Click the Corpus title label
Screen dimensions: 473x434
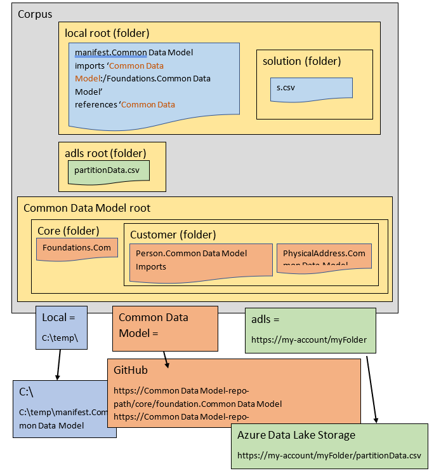(x=35, y=14)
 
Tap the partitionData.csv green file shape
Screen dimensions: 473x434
(x=108, y=170)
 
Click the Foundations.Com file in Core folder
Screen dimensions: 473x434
(x=77, y=247)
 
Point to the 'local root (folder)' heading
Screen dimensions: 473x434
(x=107, y=33)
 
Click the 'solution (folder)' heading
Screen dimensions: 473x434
(x=301, y=61)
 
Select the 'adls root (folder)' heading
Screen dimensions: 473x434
(x=105, y=153)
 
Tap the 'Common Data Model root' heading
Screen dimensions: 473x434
(x=87, y=208)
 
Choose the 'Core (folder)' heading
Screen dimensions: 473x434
(x=68, y=230)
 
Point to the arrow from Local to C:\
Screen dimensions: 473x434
(x=59, y=365)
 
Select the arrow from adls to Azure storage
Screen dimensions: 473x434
(x=372, y=388)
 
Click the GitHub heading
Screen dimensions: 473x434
(x=131, y=369)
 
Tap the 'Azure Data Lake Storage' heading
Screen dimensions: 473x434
(x=296, y=435)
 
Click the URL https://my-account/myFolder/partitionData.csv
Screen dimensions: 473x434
(x=329, y=455)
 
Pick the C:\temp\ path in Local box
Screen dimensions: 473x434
(x=60, y=338)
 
